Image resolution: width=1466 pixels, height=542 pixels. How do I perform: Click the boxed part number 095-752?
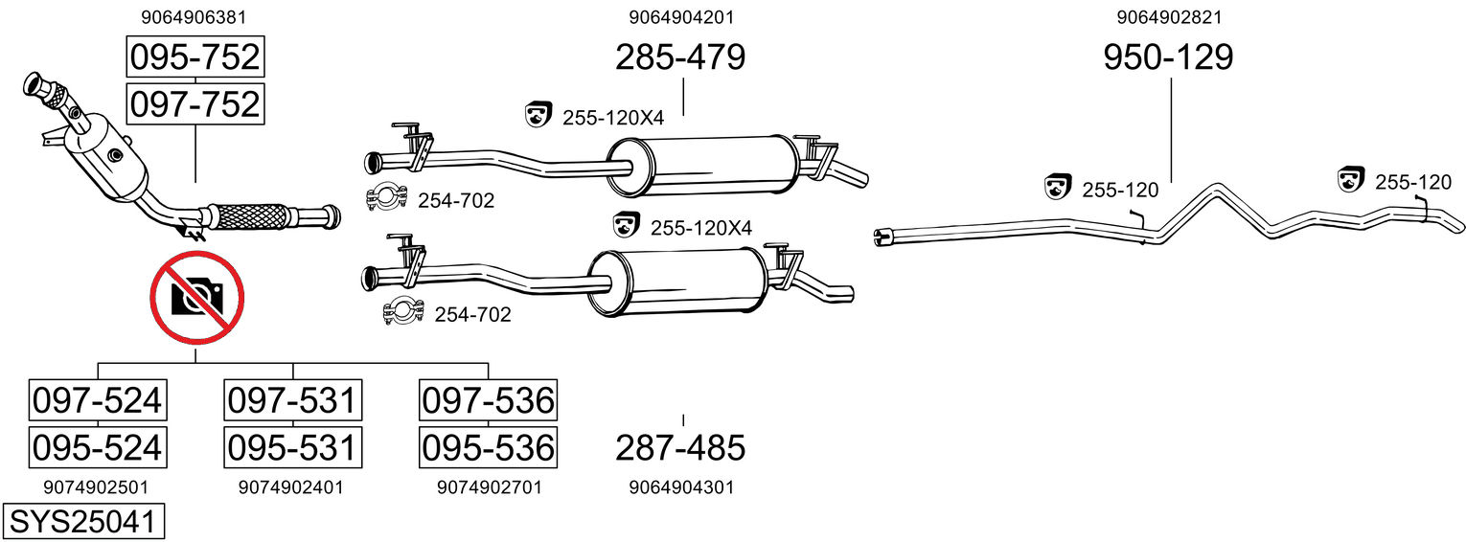[195, 57]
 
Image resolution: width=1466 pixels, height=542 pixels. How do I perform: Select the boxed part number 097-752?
[195, 103]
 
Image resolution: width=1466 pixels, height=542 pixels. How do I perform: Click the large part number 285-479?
[680, 57]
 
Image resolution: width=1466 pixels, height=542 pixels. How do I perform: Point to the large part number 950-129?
[1168, 57]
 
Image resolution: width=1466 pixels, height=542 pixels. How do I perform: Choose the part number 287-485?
[680, 446]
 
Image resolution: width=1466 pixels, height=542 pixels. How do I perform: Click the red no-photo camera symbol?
[197, 298]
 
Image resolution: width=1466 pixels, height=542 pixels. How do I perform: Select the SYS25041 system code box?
[82, 522]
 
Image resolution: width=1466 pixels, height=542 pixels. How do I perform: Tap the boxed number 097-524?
[97, 400]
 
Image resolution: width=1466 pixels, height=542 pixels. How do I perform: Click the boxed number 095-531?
[292, 446]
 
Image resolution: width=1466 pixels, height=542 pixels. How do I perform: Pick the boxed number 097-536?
[488, 400]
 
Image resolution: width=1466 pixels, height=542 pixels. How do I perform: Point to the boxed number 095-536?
[488, 446]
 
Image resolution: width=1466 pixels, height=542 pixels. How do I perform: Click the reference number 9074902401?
[290, 487]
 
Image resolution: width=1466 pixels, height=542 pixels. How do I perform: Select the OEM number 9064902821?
[1168, 16]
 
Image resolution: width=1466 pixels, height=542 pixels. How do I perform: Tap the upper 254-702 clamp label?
[456, 200]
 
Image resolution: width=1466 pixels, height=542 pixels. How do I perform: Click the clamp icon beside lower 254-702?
[403, 311]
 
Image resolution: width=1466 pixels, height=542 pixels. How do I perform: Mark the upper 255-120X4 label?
[613, 118]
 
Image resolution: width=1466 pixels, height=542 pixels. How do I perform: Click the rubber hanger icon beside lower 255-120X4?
[626, 226]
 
